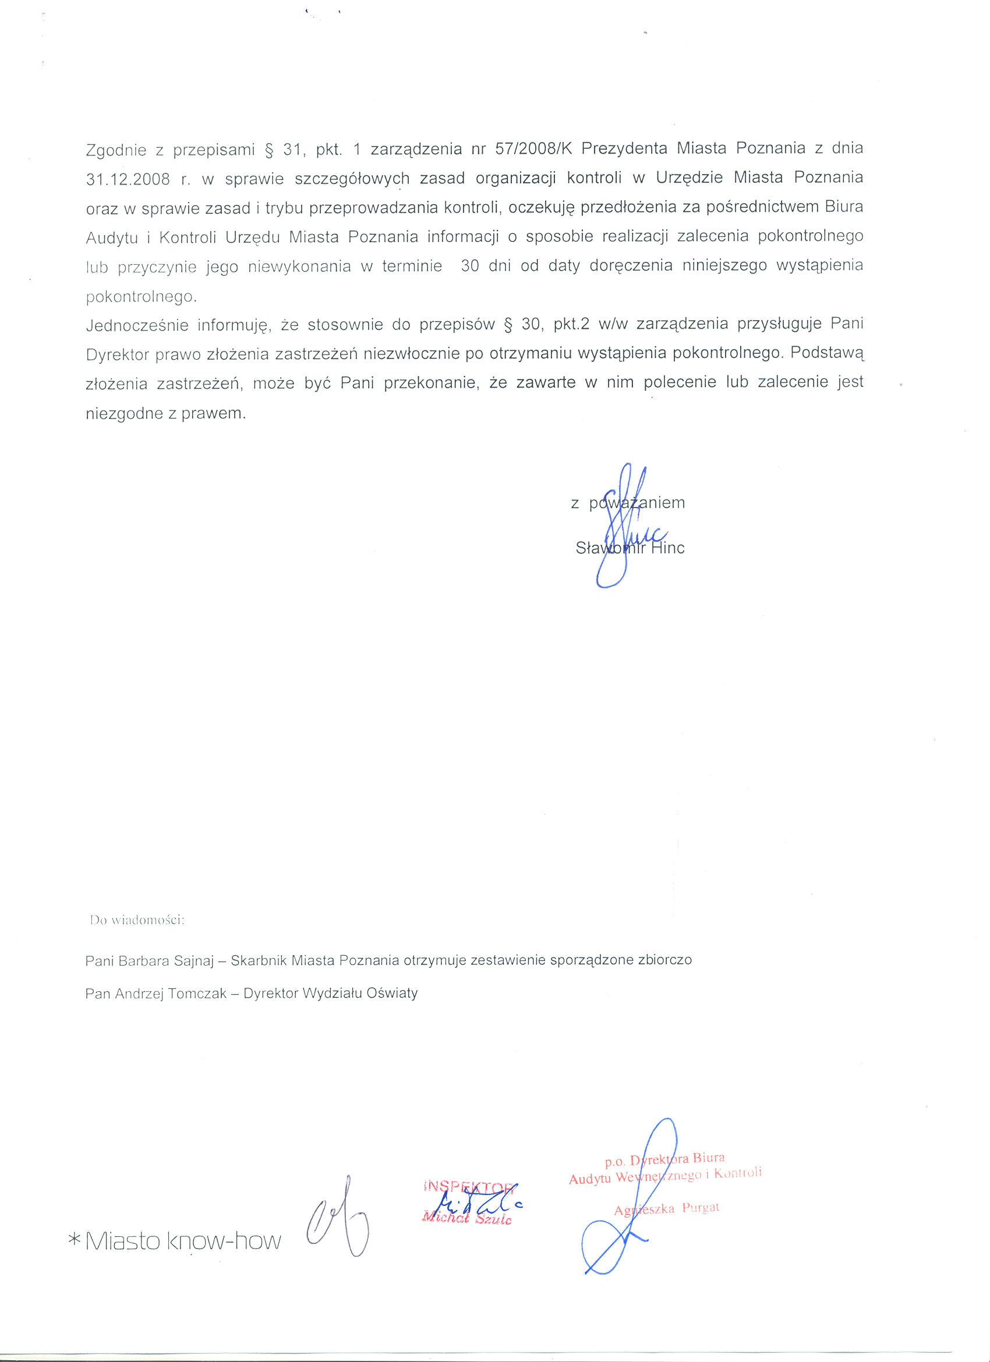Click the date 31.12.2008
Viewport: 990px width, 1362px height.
click(128, 179)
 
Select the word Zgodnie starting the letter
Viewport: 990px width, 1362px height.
click(116, 150)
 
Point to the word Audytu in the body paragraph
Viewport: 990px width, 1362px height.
click(112, 238)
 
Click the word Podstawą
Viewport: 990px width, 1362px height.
click(826, 353)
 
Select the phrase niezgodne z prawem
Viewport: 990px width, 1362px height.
click(166, 413)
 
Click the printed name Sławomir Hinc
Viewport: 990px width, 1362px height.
click(630, 548)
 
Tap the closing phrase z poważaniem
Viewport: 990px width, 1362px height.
click(628, 503)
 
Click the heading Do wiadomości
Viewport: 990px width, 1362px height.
click(136, 920)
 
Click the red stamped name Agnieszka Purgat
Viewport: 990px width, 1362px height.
click(666, 1209)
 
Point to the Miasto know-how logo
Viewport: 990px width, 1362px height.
click(183, 1241)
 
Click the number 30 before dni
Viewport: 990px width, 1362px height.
click(470, 266)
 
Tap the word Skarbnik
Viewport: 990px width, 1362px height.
click(259, 960)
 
